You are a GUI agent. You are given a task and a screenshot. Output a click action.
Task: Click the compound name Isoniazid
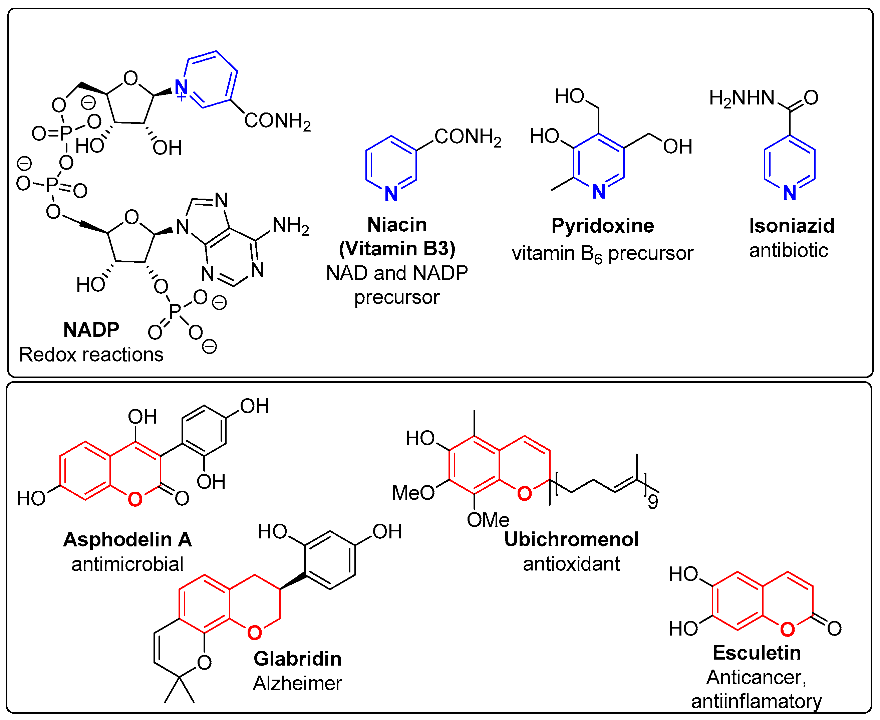tap(791, 226)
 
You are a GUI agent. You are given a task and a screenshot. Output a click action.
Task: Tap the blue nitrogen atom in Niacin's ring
tap(391, 194)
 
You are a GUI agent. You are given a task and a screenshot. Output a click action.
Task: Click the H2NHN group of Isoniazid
tap(742, 98)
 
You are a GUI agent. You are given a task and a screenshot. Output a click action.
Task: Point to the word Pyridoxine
tap(602, 226)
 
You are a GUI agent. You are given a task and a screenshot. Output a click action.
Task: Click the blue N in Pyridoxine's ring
tap(598, 192)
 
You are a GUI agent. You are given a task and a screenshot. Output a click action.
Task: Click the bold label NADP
tap(91, 330)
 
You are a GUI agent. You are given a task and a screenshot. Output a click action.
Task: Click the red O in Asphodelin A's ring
tap(135, 499)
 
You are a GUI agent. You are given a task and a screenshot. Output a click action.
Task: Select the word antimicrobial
tap(127, 564)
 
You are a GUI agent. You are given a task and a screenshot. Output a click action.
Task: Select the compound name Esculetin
tap(757, 653)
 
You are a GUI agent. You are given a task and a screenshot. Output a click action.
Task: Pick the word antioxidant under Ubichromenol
tap(571, 564)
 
